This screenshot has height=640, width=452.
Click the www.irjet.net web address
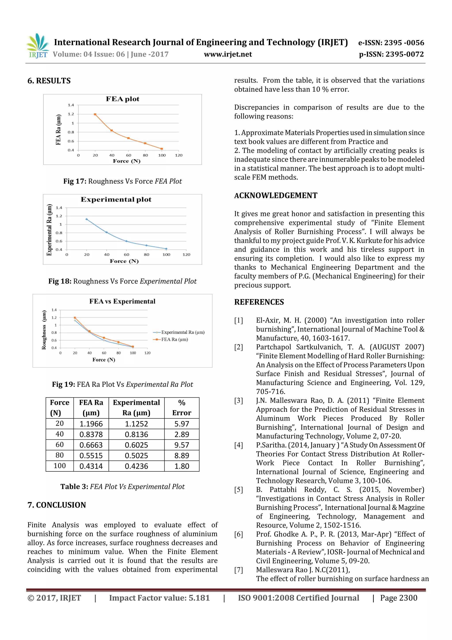(228, 54)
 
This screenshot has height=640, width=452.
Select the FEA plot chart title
(122, 99)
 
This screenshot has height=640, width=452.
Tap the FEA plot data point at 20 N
(95, 114)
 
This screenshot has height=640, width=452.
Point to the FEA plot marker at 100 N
(162, 149)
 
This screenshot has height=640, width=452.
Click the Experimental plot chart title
(116, 199)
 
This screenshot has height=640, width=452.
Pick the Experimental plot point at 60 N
(126, 241)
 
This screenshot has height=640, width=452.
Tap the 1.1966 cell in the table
(91, 424)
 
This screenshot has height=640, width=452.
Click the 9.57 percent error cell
(182, 445)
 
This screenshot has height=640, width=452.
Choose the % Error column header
(182, 408)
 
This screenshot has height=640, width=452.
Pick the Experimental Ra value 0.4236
(136, 466)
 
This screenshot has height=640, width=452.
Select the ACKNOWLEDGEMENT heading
(275, 195)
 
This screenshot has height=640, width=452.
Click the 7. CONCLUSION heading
(57, 505)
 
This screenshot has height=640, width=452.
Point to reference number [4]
(239, 445)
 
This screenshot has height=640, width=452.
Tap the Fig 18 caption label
(60, 281)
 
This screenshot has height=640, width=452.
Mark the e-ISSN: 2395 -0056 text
(391, 43)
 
